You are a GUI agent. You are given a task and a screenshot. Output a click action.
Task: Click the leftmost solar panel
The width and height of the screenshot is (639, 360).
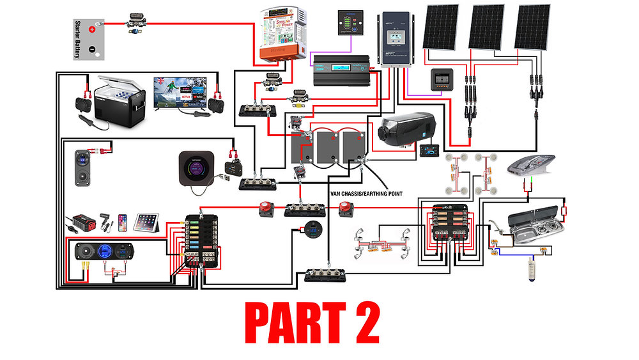click(441, 27)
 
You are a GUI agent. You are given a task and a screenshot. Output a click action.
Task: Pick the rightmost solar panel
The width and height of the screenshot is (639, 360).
click(533, 27)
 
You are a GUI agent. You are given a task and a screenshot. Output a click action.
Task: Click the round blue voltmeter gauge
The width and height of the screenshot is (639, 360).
click(313, 229)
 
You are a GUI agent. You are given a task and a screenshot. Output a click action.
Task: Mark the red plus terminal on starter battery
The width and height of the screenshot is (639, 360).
click(93, 29)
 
